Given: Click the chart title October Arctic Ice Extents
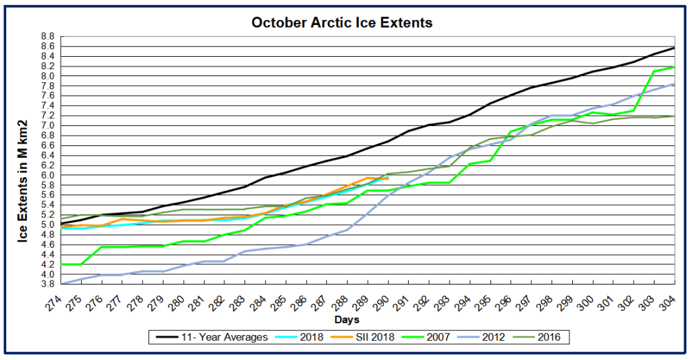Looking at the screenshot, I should click(x=341, y=23).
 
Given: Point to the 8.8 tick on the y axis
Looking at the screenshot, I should click(x=48, y=36).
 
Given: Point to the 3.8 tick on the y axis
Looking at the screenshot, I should click(x=48, y=284).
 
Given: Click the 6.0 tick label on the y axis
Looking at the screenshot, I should click(x=48, y=175).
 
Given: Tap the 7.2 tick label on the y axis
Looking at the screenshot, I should click(x=48, y=116).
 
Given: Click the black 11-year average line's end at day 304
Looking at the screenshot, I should click(x=675, y=48).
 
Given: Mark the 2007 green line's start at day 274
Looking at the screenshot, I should click(x=62, y=264).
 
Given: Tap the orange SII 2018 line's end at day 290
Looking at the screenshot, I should click(x=389, y=179).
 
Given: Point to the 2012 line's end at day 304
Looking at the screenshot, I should click(x=675, y=84).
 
